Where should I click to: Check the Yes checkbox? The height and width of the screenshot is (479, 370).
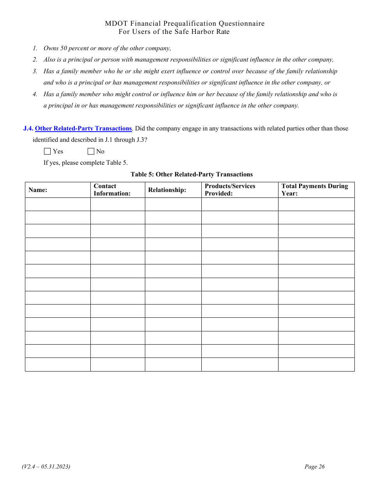coord(48,151)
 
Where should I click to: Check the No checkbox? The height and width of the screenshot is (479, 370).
coord(91,151)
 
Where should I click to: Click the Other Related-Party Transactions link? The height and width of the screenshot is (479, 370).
coord(83,129)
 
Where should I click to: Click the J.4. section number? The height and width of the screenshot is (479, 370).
coord(28,129)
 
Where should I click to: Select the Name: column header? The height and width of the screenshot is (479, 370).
coord(38,190)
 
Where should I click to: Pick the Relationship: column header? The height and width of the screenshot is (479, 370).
coord(167,190)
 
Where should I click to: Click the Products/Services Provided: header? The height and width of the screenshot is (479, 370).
coord(230,190)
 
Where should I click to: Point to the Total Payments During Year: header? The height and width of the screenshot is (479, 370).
coord(314,190)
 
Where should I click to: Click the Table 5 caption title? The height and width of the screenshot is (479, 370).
coord(192,174)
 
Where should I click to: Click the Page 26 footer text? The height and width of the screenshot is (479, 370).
coord(314,467)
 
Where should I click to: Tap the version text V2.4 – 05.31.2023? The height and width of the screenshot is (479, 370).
coord(46,467)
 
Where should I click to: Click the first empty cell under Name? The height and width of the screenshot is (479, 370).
coord(58,204)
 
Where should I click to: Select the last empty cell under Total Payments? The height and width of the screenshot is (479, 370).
coord(316,365)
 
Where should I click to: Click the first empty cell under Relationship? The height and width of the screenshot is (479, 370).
coord(173,204)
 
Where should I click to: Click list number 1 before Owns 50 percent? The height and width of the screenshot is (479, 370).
coord(35,48)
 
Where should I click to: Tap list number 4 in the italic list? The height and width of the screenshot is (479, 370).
coord(35,94)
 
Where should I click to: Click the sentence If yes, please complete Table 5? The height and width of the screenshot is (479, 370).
coord(85,163)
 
